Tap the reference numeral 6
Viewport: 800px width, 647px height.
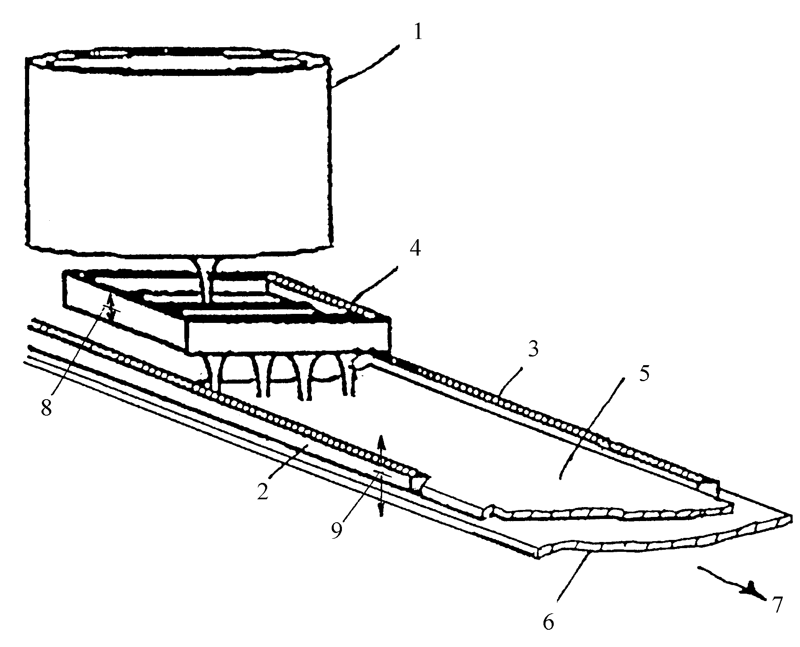(x=548, y=622)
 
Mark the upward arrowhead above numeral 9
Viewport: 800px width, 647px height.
(x=381, y=441)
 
